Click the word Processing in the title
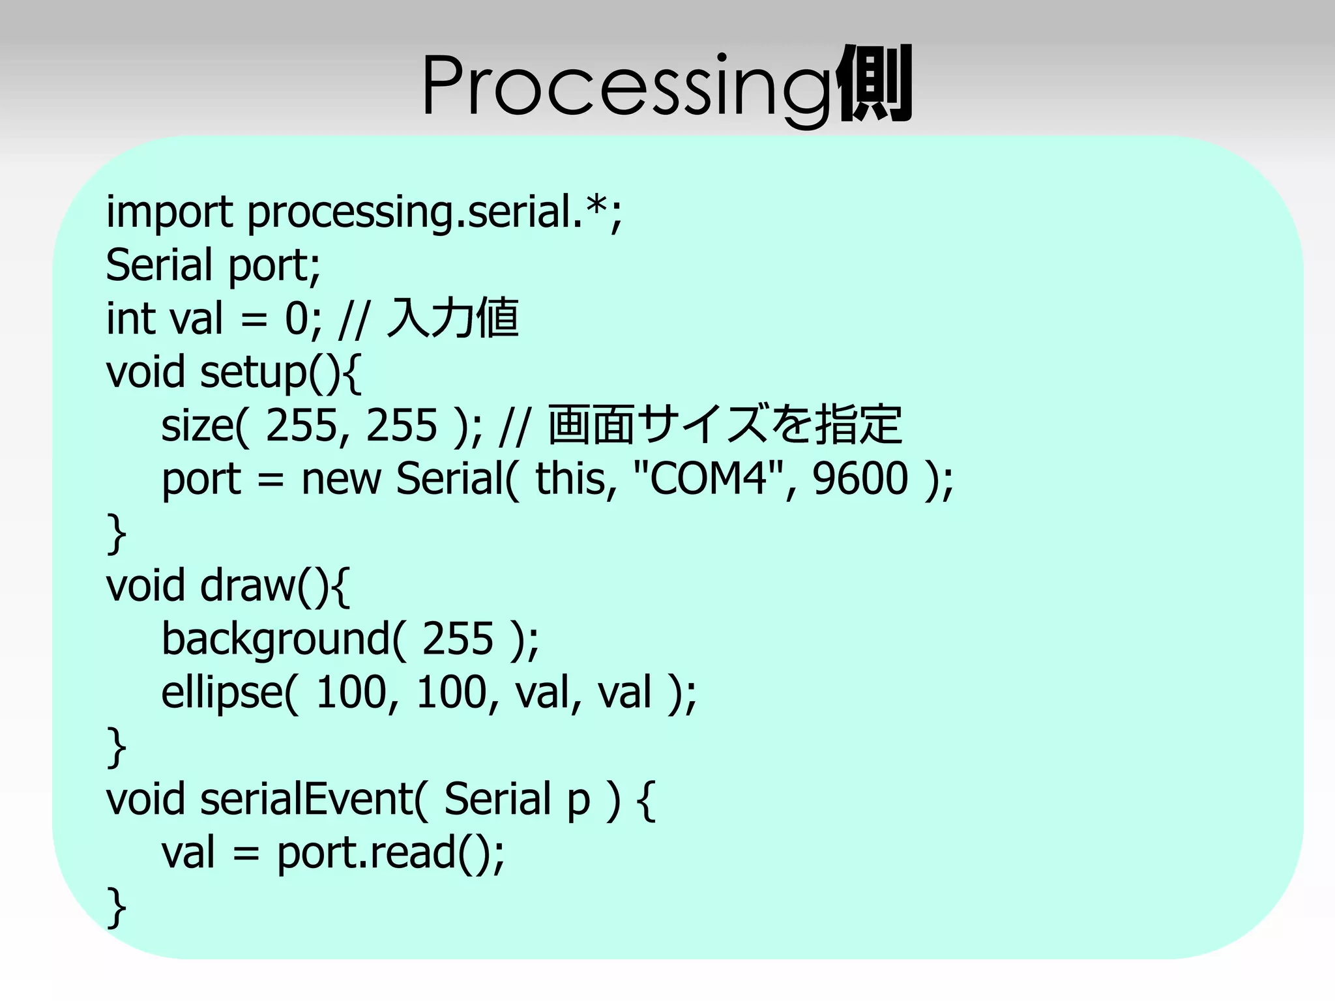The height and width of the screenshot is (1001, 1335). click(626, 86)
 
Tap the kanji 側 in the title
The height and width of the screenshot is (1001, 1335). click(873, 85)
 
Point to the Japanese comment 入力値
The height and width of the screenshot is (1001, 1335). click(453, 319)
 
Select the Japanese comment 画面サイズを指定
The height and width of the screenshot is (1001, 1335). click(725, 426)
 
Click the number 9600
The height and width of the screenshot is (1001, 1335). click(860, 478)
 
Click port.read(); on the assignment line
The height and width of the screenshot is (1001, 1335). click(390, 853)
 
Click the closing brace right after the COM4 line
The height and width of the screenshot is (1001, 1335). click(116, 532)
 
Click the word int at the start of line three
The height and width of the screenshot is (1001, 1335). click(131, 319)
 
